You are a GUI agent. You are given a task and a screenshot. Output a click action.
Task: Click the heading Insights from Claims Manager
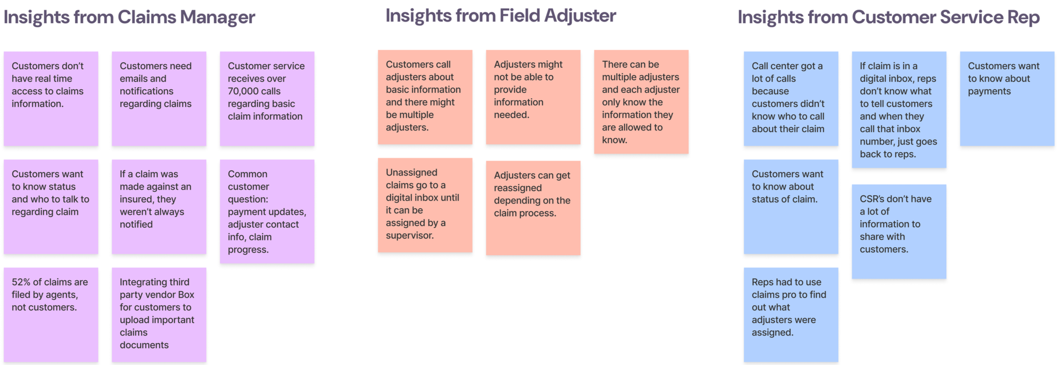(129, 18)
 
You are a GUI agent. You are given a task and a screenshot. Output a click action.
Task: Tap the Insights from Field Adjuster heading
(500, 16)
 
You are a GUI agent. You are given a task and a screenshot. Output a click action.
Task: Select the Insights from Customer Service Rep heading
(888, 18)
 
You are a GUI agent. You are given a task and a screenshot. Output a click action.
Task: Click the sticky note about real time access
(51, 98)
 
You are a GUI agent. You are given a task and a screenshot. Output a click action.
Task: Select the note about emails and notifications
(159, 98)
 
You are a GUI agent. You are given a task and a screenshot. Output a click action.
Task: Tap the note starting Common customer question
(267, 211)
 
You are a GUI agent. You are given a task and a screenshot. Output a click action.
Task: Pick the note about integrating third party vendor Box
(159, 314)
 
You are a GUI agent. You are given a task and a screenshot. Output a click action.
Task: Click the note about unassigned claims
(425, 205)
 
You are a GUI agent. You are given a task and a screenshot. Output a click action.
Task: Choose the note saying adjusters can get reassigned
(533, 207)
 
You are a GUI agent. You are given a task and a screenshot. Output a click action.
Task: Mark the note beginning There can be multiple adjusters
(641, 102)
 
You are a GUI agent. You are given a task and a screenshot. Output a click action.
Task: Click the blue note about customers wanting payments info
(1007, 98)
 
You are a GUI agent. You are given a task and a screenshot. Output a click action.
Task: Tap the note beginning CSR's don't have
(899, 231)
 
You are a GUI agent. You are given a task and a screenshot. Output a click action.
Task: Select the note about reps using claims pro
(791, 314)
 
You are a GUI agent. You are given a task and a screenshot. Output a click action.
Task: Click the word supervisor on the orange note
(409, 235)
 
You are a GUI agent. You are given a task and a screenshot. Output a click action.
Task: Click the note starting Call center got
(791, 98)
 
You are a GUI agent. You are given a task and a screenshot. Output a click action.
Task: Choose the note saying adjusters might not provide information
(533, 97)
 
